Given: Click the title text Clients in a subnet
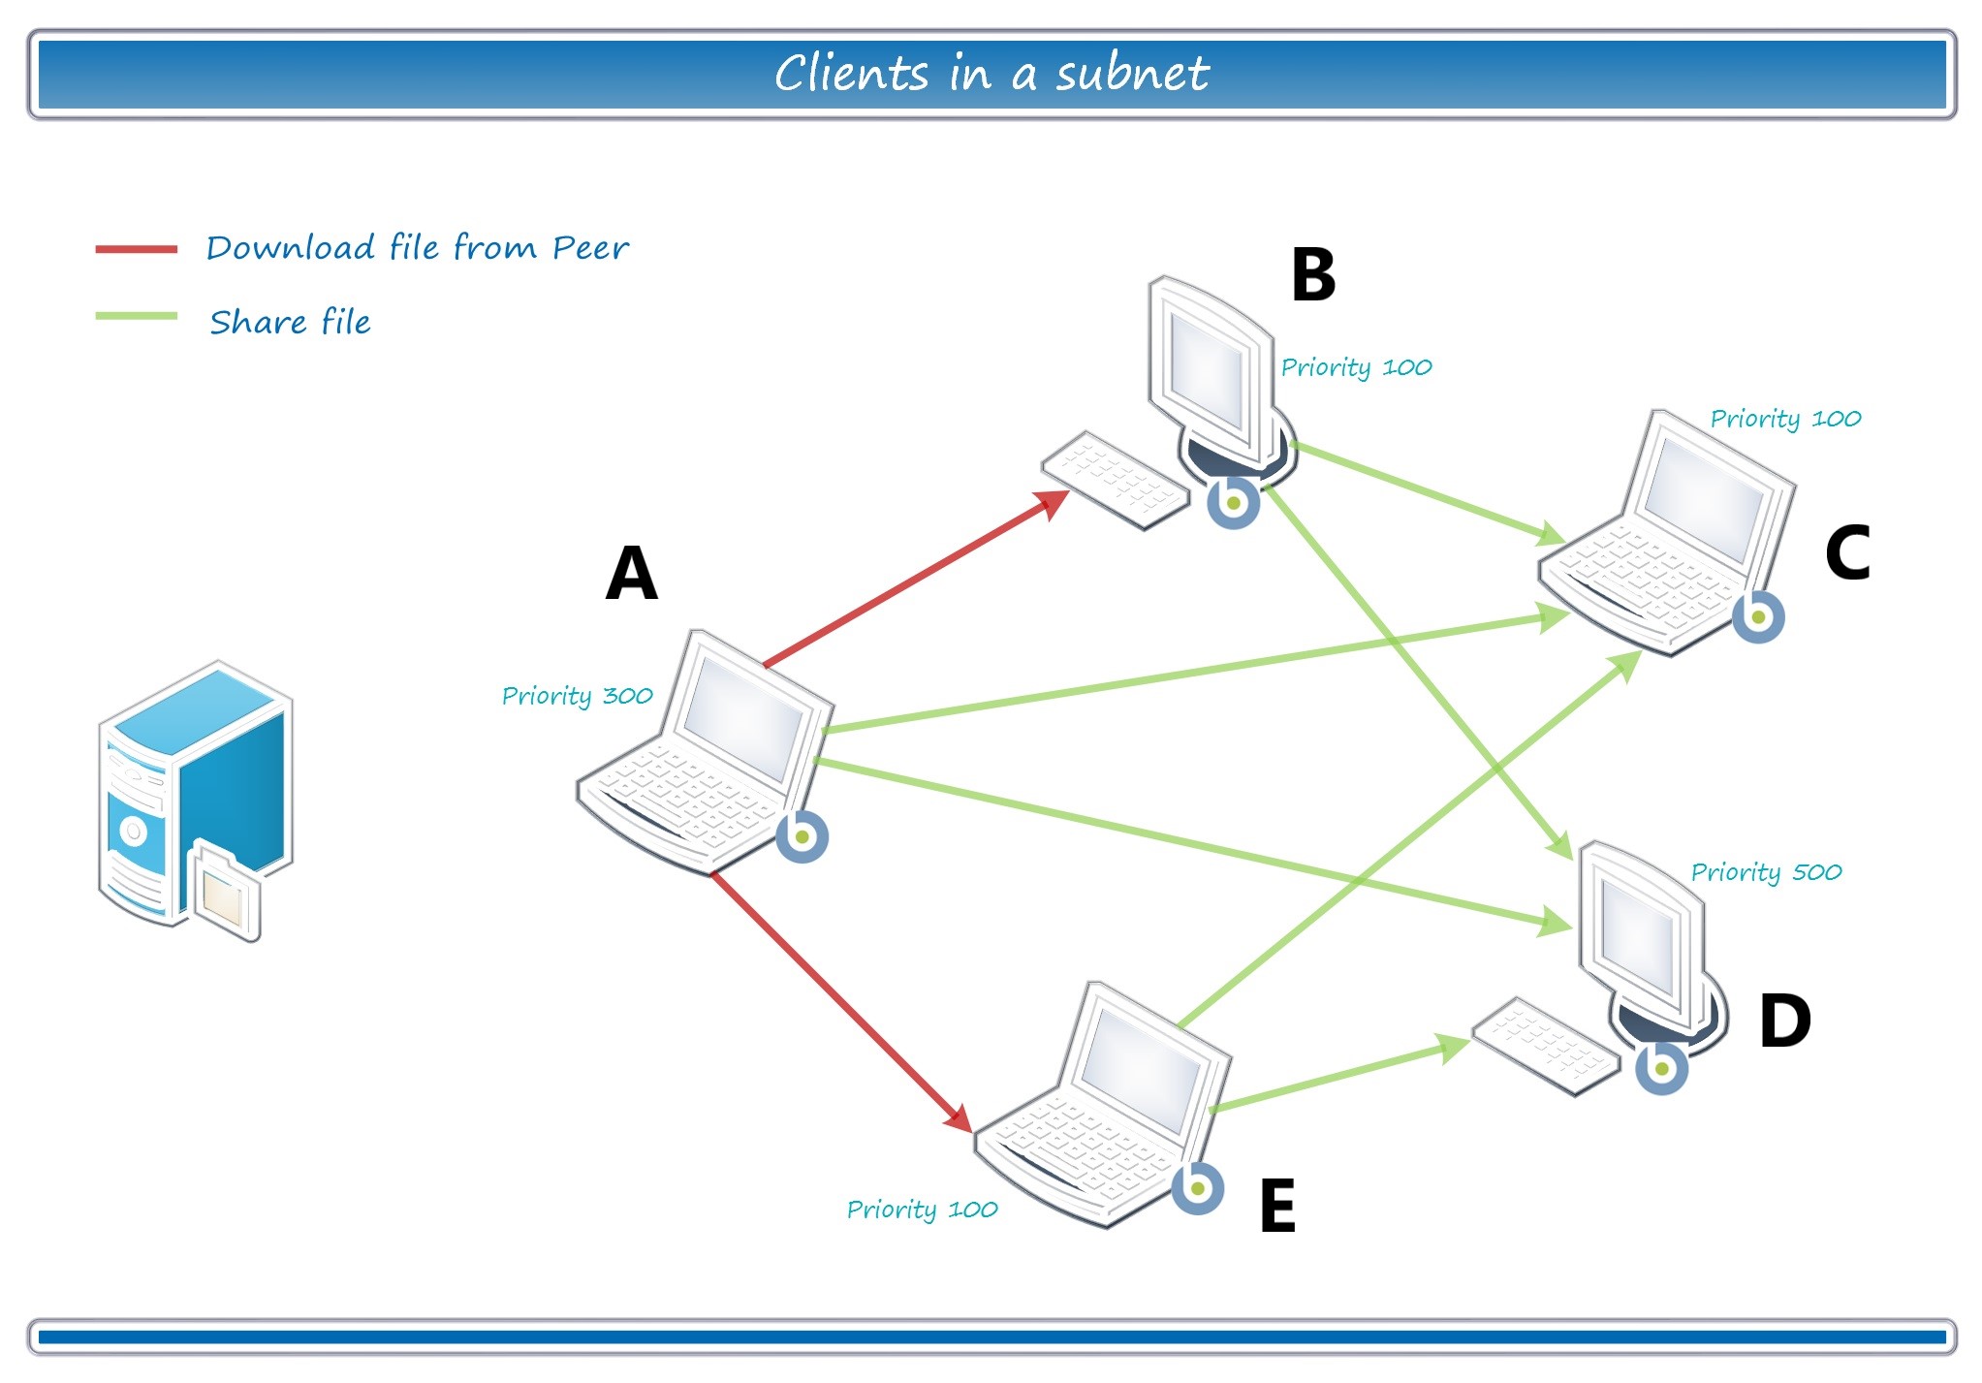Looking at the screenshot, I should [x=991, y=74].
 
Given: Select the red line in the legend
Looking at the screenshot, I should [x=136, y=249].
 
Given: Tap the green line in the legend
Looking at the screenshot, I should [x=136, y=316].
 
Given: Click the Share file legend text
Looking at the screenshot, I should [x=290, y=322].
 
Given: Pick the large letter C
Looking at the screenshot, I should [x=1847, y=552].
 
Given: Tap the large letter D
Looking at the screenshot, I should [x=1784, y=1021].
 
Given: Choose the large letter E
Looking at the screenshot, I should [x=1277, y=1206].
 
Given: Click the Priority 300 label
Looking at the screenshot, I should [x=577, y=696].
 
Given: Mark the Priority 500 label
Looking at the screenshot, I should [x=1766, y=872].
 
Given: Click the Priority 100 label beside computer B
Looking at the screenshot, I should [x=1356, y=367].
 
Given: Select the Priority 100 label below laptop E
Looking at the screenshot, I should [x=922, y=1210].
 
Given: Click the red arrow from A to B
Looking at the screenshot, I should [x=911, y=582].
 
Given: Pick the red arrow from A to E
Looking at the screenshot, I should [x=838, y=998].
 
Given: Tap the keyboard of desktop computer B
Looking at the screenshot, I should [x=1115, y=481].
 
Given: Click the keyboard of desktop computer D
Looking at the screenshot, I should [x=1545, y=1047].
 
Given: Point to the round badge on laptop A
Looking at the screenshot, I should [x=802, y=836].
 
